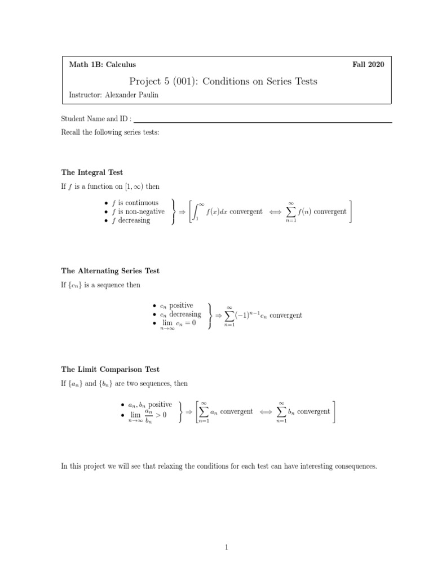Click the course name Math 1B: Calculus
click(102, 65)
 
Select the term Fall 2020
click(368, 65)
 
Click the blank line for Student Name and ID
click(262, 121)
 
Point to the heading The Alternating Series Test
click(110, 270)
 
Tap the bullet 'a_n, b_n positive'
click(146, 405)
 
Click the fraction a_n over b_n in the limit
click(149, 416)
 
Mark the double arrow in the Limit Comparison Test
click(266, 412)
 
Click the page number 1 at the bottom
click(226, 546)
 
